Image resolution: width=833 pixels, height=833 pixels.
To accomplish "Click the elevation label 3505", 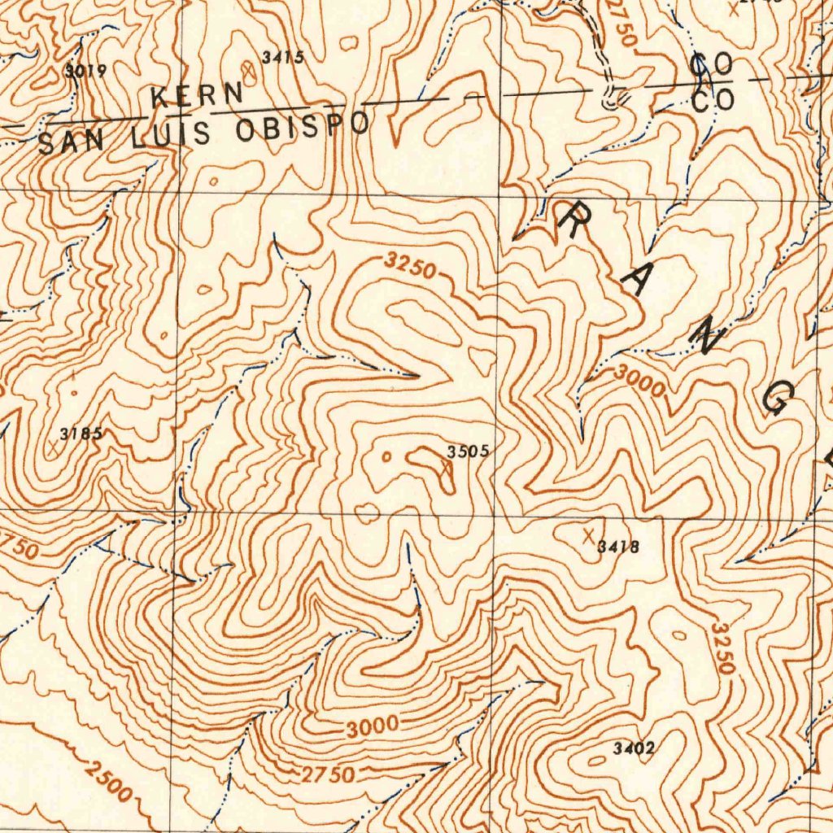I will (x=468, y=451).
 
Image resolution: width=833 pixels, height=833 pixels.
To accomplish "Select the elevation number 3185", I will (x=81, y=434).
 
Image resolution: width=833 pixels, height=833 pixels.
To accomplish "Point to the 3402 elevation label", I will (x=635, y=748).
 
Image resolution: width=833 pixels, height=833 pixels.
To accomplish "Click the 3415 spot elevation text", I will (x=282, y=57).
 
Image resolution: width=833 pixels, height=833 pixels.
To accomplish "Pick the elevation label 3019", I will (x=85, y=71).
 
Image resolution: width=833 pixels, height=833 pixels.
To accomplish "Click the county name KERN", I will (x=197, y=94).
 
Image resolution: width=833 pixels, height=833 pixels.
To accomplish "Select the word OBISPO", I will (x=303, y=127).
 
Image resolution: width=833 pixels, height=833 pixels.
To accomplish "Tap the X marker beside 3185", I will (x=55, y=446).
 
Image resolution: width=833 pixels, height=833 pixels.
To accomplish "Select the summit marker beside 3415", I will (x=248, y=72).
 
